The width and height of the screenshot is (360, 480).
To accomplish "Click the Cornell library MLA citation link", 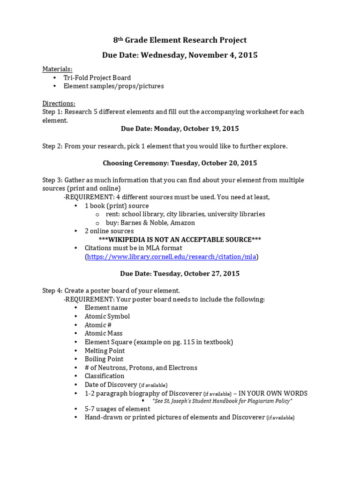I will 172,256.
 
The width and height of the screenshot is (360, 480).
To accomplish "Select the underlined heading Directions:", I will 59,103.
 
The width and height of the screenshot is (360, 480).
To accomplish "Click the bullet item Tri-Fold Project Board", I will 97,78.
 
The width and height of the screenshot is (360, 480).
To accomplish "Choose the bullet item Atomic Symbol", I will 107,316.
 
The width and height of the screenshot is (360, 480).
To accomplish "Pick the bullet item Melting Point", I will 105,351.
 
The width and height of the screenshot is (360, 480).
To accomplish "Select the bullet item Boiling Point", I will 104,359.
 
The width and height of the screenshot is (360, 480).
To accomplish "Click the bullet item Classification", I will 105,376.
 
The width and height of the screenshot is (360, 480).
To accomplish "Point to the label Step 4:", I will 52,291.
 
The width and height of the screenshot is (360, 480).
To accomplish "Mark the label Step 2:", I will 52,146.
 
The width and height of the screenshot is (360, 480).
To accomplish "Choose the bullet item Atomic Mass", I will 104,333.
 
